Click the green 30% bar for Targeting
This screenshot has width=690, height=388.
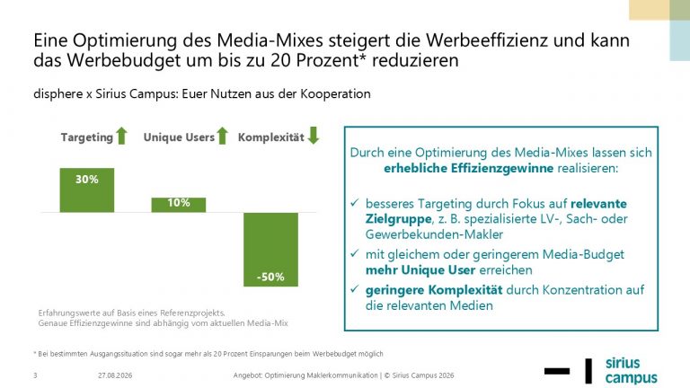pos(87,190)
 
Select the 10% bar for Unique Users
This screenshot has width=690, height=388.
pos(179,205)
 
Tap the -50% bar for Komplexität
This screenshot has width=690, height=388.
pos(270,250)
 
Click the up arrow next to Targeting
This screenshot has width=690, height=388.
pos(122,136)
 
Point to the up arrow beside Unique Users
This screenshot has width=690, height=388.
pos(223,136)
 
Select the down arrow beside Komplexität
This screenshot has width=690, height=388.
pos(314,136)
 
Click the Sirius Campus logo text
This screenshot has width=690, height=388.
pos(631,371)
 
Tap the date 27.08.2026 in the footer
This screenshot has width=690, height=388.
pos(115,375)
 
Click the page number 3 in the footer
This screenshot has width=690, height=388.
pos(35,375)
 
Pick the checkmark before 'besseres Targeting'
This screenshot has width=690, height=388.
pos(355,203)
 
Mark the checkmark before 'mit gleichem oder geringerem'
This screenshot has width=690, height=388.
pos(355,253)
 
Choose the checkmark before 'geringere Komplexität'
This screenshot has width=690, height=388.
pos(355,289)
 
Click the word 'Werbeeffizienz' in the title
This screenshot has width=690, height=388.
pos(487,40)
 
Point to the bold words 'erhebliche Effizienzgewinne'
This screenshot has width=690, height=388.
pos(469,168)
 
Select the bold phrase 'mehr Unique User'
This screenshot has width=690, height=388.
pos(420,269)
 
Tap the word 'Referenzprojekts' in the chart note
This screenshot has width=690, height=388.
pos(192,313)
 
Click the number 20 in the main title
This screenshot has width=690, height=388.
pos(280,60)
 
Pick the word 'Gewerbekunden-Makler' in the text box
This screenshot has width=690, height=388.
pos(434,234)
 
